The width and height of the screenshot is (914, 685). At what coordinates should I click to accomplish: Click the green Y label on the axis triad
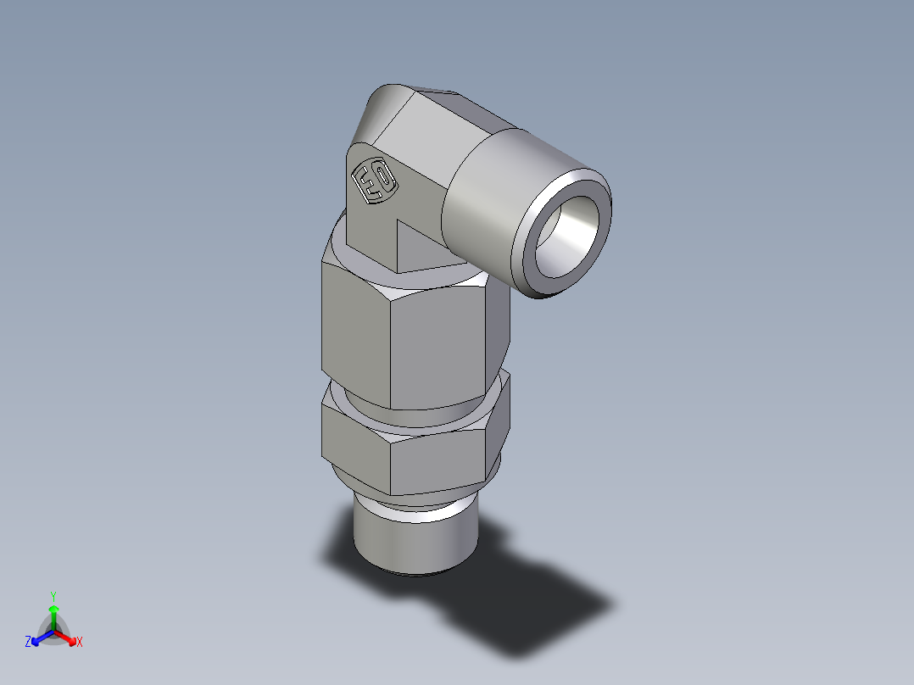coord(53,596)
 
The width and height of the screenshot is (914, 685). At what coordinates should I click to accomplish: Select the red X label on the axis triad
coord(80,643)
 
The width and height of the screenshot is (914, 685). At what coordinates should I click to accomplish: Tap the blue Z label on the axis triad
coord(28,643)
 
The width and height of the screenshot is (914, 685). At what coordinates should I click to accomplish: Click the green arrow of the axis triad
coord(53,615)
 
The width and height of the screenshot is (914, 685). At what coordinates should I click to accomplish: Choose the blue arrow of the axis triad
coord(41,637)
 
